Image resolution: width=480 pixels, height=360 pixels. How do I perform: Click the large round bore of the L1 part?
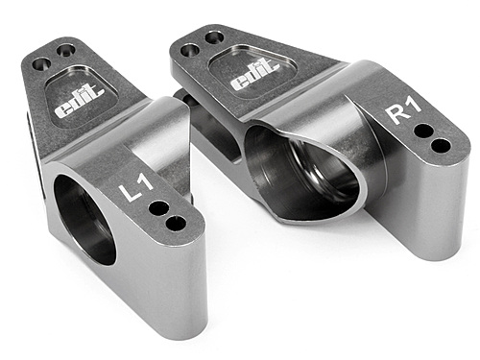[83, 220]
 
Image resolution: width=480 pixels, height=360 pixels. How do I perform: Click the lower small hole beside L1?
[175, 224]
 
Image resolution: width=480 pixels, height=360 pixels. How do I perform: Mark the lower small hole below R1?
[441, 146]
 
